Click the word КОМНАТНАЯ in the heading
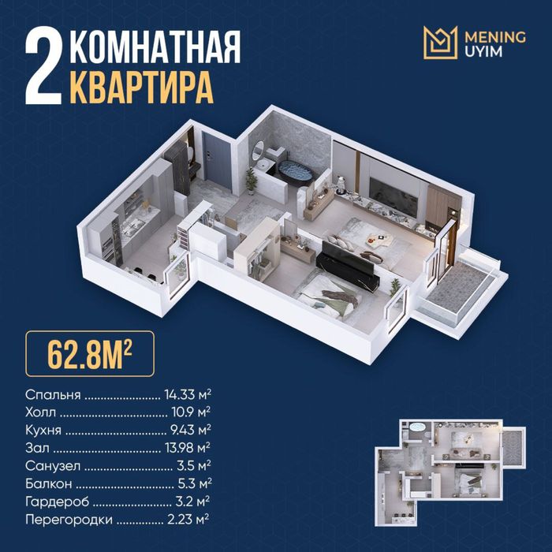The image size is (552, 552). [x=155, y=47]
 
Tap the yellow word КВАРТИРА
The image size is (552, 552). [x=141, y=88]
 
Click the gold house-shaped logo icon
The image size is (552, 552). [x=440, y=43]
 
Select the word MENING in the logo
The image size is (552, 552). [x=495, y=36]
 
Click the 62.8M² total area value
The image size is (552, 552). [x=90, y=354]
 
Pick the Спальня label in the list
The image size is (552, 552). [x=53, y=394]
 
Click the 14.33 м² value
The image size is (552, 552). [x=188, y=394]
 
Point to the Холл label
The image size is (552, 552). [x=40, y=412]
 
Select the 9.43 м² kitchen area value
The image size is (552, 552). [x=191, y=430]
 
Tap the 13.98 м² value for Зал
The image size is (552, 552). [x=188, y=448]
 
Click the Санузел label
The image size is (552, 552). [x=53, y=466]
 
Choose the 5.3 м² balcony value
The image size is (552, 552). [x=195, y=483]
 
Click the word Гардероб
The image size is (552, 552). [x=57, y=502]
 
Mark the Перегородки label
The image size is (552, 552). [x=69, y=520]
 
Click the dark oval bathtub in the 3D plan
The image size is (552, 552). [x=296, y=171]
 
